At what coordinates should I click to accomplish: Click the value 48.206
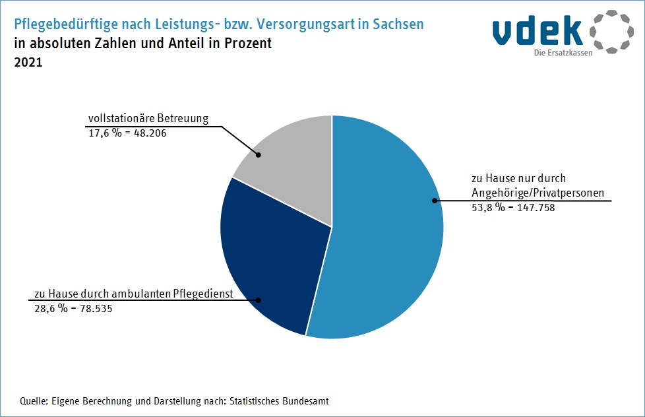pos(148,133)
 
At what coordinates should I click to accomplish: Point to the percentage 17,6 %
pos(105,133)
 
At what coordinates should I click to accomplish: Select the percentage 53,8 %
pos(489,207)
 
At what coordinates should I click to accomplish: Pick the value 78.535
pos(91,307)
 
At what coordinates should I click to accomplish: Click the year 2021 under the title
pos(27,63)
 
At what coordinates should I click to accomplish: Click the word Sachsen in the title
pos(398,25)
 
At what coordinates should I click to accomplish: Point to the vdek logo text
pos(537,30)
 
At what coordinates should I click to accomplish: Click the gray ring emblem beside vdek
pos(611,30)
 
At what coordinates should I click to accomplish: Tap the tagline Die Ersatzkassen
pos(563,53)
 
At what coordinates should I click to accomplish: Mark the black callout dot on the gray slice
pos(259,156)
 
